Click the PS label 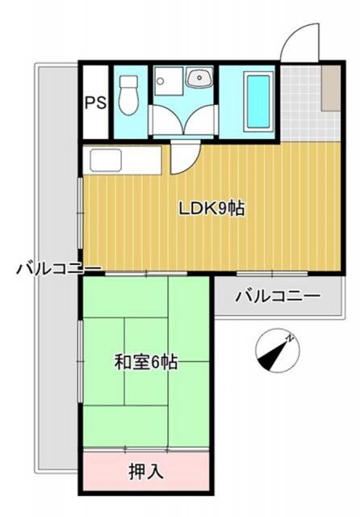(x=94, y=103)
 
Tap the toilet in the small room (x=128, y=98)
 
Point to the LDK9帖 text (x=211, y=208)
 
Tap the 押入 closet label (x=146, y=471)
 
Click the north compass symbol (x=276, y=350)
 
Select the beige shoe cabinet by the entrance (x=330, y=87)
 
